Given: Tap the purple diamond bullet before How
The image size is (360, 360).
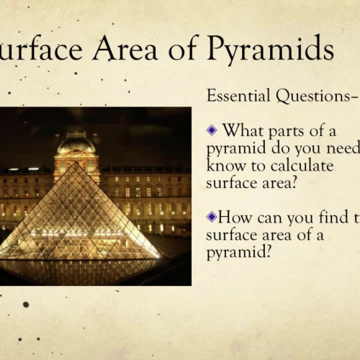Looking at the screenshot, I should point(211,215).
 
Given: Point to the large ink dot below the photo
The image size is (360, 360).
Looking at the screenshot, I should point(25,305).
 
